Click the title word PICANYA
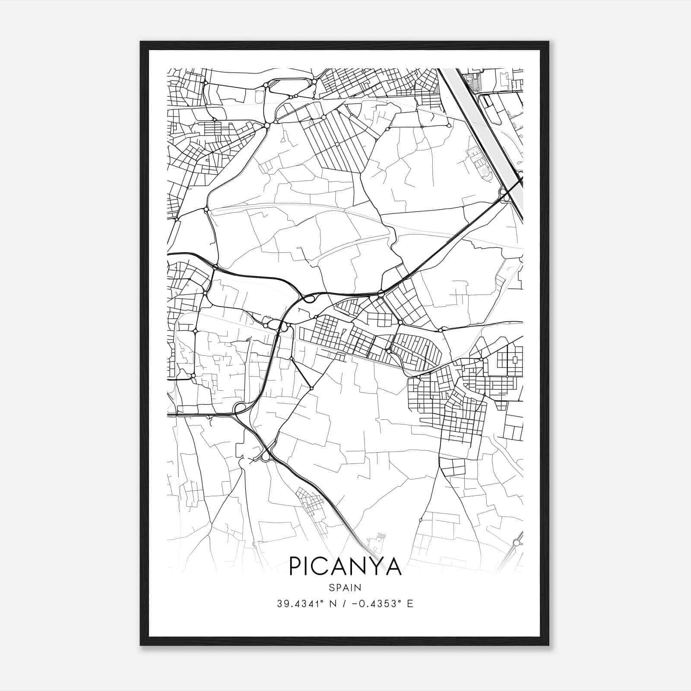pyautogui.click(x=345, y=566)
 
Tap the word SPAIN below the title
pyautogui.click(x=345, y=587)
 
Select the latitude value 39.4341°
pyautogui.click(x=301, y=603)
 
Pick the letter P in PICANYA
pyautogui.click(x=296, y=566)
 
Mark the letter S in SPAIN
pyautogui.click(x=331, y=587)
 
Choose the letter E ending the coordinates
pyautogui.click(x=410, y=603)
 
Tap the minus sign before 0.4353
pyautogui.click(x=355, y=604)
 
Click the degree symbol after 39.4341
pyautogui.click(x=322, y=600)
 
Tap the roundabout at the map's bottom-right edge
pyautogui.click(x=516, y=542)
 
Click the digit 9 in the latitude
pyautogui.click(x=285, y=603)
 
